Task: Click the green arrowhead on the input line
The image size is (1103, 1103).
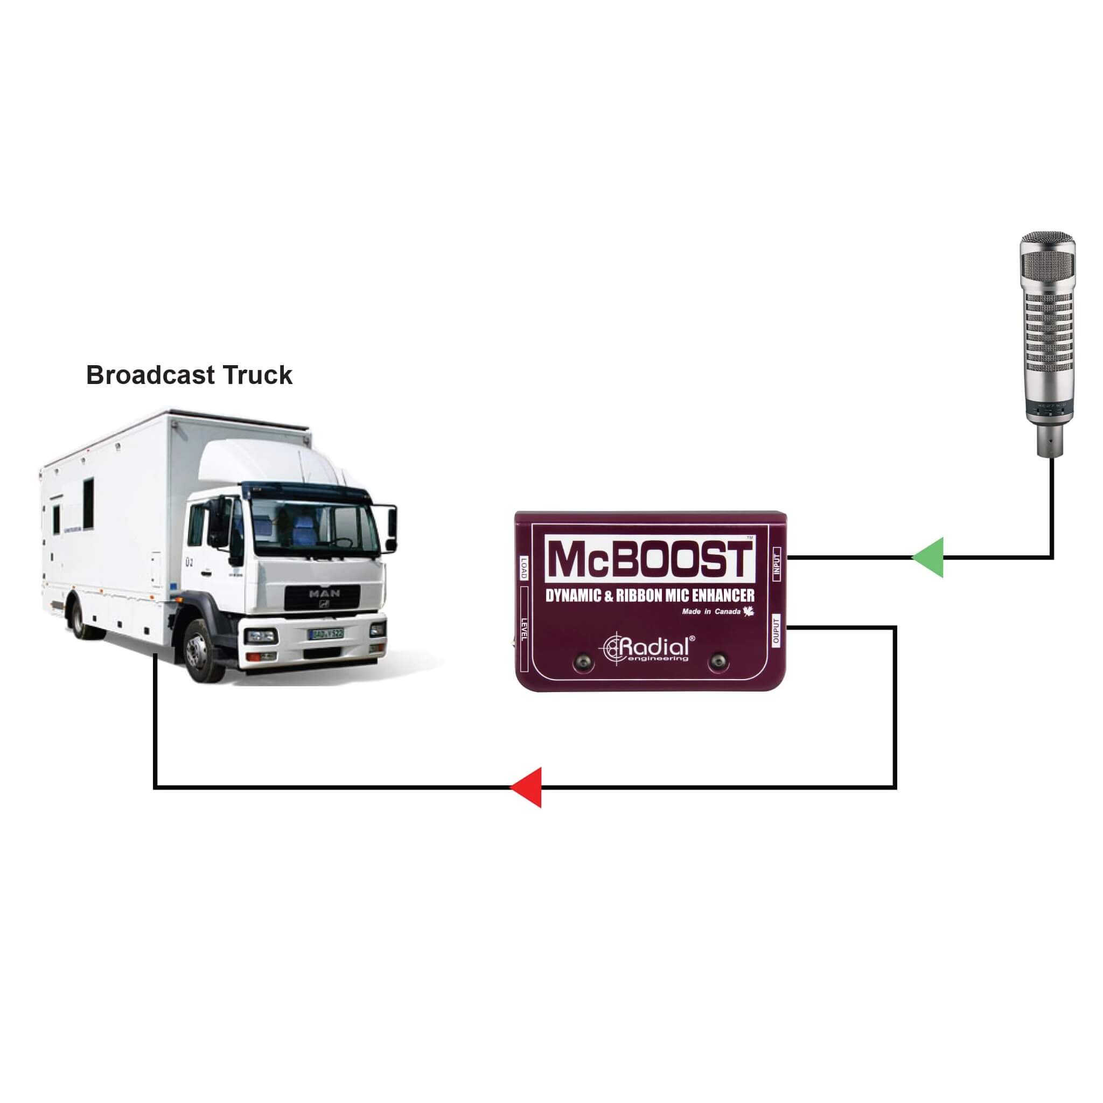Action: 930,557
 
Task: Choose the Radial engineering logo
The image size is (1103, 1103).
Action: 650,648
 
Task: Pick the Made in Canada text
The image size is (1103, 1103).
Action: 711,612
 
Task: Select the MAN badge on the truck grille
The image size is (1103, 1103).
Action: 324,594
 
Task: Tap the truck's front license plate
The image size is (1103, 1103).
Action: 326,634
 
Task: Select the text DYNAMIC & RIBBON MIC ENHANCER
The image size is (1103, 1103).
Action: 650,596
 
